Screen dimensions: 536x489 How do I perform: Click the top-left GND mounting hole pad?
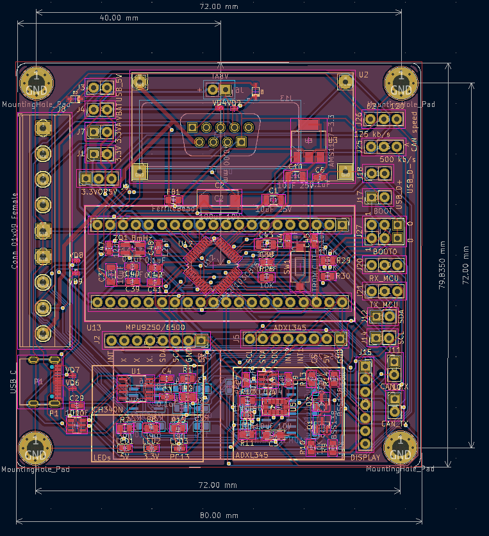(36, 81)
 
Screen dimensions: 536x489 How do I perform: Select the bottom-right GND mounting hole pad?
(402, 447)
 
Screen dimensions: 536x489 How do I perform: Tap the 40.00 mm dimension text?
(119, 18)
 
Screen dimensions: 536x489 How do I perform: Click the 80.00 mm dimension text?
(219, 515)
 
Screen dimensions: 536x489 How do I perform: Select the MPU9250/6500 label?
(155, 327)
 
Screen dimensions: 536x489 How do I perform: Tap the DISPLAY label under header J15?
(366, 457)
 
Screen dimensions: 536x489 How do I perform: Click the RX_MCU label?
(385, 278)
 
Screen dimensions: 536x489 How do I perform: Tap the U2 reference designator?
(363, 74)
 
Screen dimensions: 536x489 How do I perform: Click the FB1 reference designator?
(173, 192)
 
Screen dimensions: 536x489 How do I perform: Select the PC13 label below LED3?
(179, 457)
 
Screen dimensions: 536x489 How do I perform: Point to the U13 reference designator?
(94, 327)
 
